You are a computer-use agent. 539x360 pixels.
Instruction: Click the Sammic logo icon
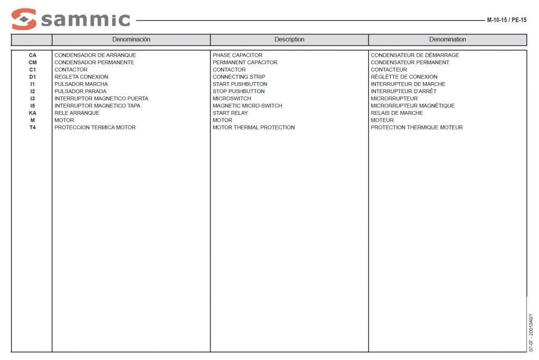point(24,19)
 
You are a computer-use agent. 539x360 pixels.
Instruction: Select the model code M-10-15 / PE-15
point(506,20)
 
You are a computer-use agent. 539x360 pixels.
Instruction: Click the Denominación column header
point(131,39)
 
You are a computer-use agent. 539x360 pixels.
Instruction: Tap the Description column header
point(289,39)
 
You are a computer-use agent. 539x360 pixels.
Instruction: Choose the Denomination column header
point(447,39)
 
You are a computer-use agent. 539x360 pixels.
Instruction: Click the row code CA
point(33,55)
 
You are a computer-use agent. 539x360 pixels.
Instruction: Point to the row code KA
point(33,113)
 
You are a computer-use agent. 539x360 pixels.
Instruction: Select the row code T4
point(33,127)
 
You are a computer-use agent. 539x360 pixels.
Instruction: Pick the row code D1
point(33,77)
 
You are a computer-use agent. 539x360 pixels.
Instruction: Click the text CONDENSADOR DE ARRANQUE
point(95,55)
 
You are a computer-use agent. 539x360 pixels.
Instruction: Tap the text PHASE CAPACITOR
point(237,55)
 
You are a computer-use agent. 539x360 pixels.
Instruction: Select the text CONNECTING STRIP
point(239,77)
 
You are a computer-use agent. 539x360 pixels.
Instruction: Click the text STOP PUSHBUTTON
point(238,92)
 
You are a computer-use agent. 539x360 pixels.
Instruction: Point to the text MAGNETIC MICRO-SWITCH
point(247,106)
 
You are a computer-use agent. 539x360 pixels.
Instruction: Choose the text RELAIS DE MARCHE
point(396,113)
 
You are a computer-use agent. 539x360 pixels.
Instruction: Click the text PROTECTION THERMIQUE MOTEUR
point(417,127)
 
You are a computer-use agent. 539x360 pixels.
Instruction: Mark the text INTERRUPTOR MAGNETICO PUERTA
point(102,98)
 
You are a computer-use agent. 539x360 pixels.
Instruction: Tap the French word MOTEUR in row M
point(382,120)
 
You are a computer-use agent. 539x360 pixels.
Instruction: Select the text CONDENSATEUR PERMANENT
point(410,63)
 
